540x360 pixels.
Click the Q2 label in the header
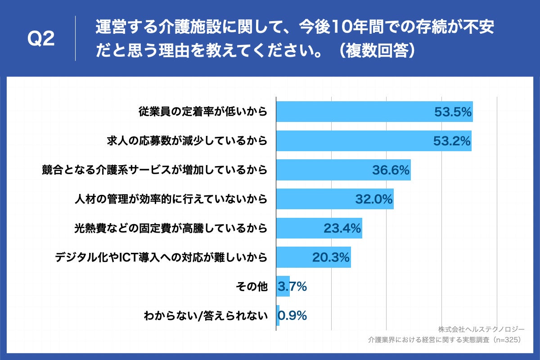pyautogui.click(x=41, y=40)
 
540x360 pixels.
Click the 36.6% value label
pyautogui.click(x=391, y=170)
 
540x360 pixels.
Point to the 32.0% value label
pyautogui.click(x=374, y=199)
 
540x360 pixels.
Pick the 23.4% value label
pyautogui.click(x=342, y=228)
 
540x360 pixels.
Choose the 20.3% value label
pyautogui.click(x=331, y=257)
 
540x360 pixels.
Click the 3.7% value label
pyautogui.click(x=292, y=286)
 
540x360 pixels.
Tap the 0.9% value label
pyautogui.click(x=292, y=315)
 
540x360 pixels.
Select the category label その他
pyautogui.click(x=252, y=286)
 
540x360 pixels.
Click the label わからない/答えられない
pyautogui.click(x=206, y=315)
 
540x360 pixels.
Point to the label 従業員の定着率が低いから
pyautogui.click(x=202, y=112)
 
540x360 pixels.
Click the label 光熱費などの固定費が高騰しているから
pyautogui.click(x=171, y=228)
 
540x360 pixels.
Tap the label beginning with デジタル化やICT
pyautogui.click(x=161, y=257)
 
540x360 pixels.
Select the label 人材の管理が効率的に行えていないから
pyautogui.click(x=171, y=199)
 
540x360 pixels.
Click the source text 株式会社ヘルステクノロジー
pyautogui.click(x=481, y=329)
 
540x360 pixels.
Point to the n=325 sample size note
pyautogui.click(x=508, y=340)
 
